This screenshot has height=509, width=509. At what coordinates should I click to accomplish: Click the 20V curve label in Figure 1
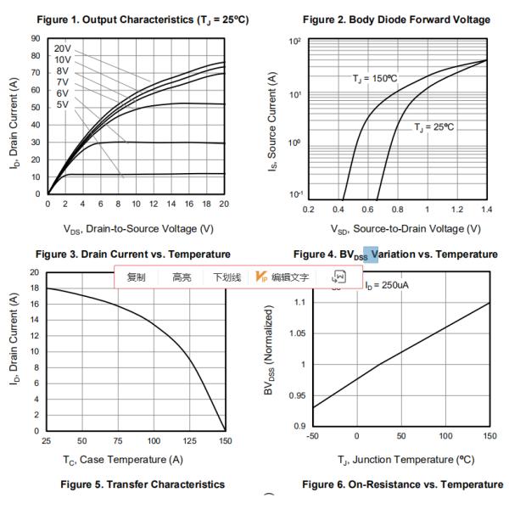[63, 49]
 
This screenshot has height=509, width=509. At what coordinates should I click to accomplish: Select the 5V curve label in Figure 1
[63, 104]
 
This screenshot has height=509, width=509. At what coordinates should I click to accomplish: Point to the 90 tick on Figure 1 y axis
[36, 38]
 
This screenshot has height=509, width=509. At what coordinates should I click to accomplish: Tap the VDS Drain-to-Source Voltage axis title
[136, 228]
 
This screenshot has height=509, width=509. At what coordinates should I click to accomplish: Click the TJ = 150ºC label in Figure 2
[375, 78]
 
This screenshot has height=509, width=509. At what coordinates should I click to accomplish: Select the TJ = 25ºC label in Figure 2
[434, 127]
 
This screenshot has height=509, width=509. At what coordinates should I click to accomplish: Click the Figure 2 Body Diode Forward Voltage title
[396, 20]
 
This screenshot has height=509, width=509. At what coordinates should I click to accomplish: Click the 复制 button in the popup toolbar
[136, 277]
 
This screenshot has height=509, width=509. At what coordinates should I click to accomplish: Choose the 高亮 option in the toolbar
[182, 277]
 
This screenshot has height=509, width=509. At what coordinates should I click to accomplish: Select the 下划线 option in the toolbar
[227, 277]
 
